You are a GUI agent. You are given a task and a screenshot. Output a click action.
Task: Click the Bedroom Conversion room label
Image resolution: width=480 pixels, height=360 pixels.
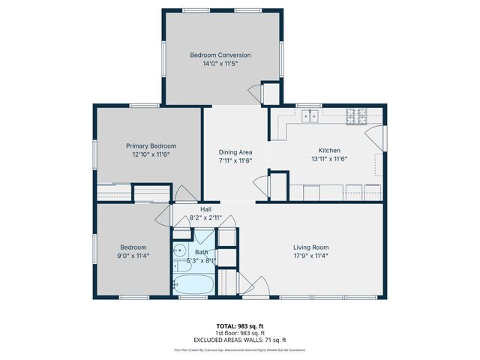(220, 55)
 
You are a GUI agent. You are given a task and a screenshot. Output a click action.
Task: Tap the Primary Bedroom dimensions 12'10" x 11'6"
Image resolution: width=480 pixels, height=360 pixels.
(151, 154)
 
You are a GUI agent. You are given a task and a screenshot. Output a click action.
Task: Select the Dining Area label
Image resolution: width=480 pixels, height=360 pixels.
(235, 151)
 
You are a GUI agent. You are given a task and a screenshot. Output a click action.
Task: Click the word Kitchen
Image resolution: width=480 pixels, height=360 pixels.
(329, 149)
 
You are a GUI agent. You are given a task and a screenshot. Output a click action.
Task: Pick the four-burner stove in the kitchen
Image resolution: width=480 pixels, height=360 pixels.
(355, 116)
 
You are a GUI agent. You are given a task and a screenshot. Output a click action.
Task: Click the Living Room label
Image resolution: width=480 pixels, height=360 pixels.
(310, 247)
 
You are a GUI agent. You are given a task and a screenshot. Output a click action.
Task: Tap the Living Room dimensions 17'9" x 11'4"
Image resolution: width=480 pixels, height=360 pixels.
(310, 256)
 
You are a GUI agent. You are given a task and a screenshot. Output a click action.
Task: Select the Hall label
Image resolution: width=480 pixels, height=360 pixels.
(205, 208)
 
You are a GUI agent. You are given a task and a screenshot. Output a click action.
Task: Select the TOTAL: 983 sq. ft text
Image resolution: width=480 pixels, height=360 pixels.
(239, 325)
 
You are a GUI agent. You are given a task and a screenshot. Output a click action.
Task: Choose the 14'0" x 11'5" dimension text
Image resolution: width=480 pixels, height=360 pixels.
(220, 64)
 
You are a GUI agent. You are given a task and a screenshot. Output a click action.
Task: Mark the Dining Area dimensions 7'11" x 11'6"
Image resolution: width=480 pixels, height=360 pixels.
(235, 160)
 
